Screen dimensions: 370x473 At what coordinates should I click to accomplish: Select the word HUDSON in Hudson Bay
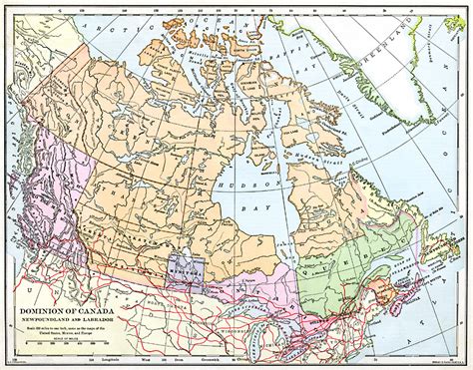pyautogui.click(x=262, y=185)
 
